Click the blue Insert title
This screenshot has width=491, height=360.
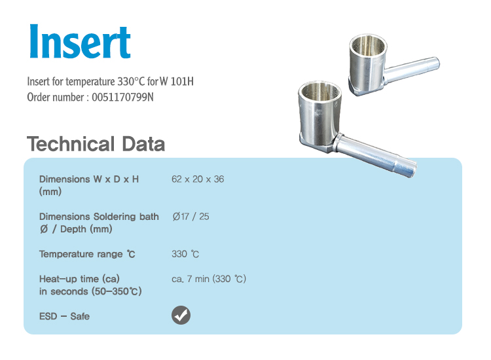pyautogui.click(x=80, y=41)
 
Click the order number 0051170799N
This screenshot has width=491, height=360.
pyautogui.click(x=123, y=98)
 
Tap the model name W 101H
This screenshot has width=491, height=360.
pyautogui.click(x=177, y=81)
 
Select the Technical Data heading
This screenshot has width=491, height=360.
pyautogui.click(x=96, y=144)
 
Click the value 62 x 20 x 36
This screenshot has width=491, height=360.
pyautogui.click(x=198, y=179)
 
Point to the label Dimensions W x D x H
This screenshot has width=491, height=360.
pyautogui.click(x=89, y=179)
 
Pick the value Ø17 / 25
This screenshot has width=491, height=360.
pyautogui.click(x=191, y=216)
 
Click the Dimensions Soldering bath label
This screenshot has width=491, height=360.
pyautogui.click(x=99, y=216)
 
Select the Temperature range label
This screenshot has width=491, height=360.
pyautogui.click(x=87, y=254)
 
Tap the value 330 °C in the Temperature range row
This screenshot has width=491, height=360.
pyautogui.click(x=185, y=254)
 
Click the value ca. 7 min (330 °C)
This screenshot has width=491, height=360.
pyautogui.click(x=209, y=279)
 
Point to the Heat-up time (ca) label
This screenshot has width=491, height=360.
pyautogui.click(x=79, y=279)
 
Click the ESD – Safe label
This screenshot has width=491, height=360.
pyautogui.click(x=64, y=316)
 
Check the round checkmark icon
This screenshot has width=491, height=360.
pyautogui.click(x=181, y=315)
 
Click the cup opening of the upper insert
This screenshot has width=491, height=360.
pyautogui.click(x=368, y=45)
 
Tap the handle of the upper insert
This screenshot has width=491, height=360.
pyautogui.click(x=412, y=69)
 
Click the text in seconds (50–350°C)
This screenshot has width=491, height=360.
pyautogui.click(x=90, y=291)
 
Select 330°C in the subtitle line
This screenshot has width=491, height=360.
pyautogui.click(x=131, y=81)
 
